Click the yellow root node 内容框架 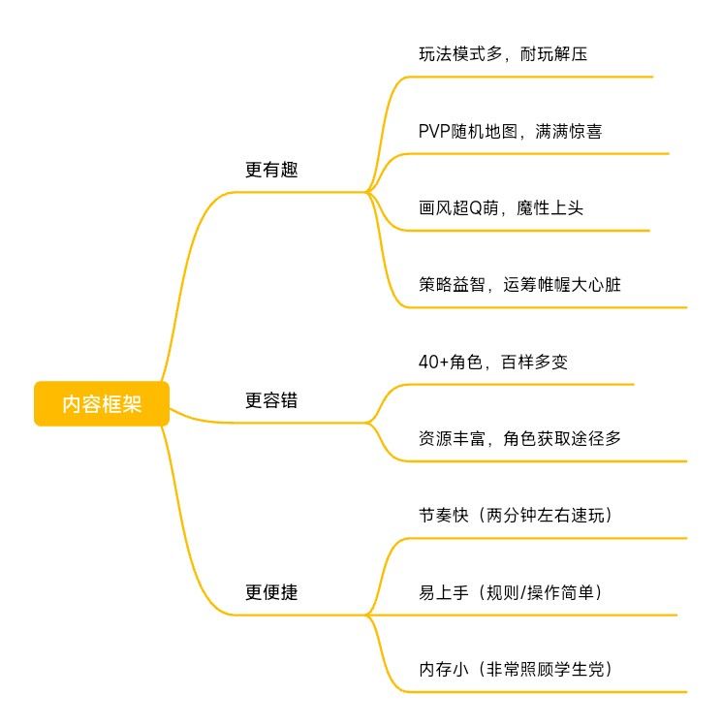pyautogui.click(x=102, y=404)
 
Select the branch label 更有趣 pyautogui.click(x=271, y=170)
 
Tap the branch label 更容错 pyautogui.click(x=271, y=400)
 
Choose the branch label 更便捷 pyautogui.click(x=271, y=592)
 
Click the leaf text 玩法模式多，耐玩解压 pyautogui.click(x=502, y=53)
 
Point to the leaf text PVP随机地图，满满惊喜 pyautogui.click(x=510, y=131)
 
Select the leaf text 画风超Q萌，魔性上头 pyautogui.click(x=500, y=207)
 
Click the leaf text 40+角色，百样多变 pyautogui.click(x=499, y=362)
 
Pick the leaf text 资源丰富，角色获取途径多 pyautogui.click(x=519, y=438)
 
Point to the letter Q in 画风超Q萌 pyautogui.click(x=476, y=207)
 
